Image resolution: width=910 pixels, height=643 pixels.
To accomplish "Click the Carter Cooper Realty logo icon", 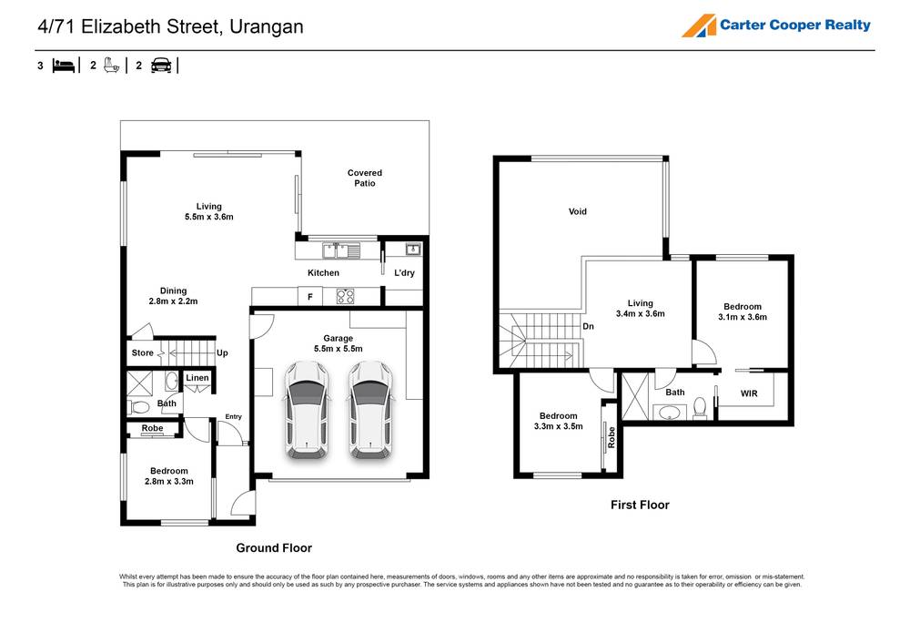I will tap(698, 26).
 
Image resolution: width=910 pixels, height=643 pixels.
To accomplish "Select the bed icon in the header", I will tap(63, 66).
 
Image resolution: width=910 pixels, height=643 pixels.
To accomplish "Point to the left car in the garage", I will tap(307, 409).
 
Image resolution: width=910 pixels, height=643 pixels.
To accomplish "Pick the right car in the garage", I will tap(369, 409).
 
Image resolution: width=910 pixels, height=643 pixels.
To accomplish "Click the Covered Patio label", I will tap(365, 178).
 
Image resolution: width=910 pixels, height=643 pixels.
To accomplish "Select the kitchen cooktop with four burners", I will tap(347, 296).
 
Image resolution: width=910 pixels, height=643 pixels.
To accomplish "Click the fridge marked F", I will tap(310, 297).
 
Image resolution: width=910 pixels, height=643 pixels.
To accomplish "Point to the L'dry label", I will tap(403, 273).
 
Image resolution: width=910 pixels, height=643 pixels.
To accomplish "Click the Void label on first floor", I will tap(578, 212).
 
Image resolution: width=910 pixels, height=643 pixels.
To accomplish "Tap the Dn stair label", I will tap(589, 325).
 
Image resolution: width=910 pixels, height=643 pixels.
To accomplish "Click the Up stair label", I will tap(221, 352).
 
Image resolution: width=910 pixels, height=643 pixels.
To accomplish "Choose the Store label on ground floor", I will tap(143, 352).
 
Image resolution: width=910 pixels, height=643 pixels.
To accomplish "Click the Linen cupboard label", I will tap(197, 378).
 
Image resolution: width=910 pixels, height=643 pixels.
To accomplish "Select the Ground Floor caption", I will tap(274, 548).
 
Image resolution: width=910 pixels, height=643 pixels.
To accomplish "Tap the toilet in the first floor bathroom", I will tap(700, 406).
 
